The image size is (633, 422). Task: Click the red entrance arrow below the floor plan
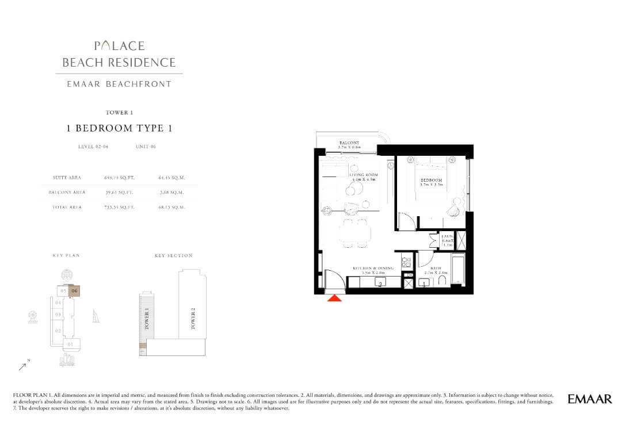(x=335, y=297)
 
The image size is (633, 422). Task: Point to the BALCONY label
(x=349, y=143)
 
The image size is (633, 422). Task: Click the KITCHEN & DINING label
(x=373, y=268)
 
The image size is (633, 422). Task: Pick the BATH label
(x=436, y=268)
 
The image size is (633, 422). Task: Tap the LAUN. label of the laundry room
(x=447, y=236)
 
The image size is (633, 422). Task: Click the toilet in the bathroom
(x=443, y=281)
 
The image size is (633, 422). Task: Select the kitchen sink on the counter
(x=380, y=282)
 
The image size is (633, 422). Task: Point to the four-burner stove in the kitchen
(x=406, y=262)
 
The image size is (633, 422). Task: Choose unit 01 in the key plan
(x=70, y=344)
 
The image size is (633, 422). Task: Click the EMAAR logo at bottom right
(x=590, y=399)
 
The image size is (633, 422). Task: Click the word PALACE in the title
(x=119, y=46)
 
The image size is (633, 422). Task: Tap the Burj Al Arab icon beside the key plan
(x=96, y=316)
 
